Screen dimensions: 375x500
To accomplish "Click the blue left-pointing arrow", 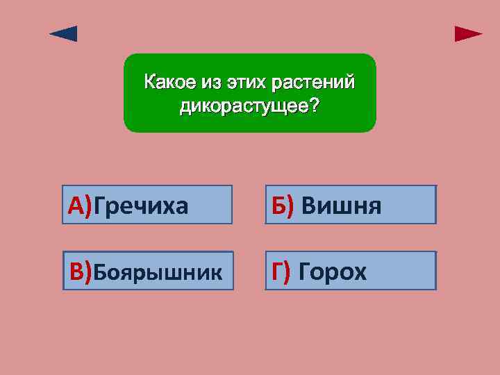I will [64, 34].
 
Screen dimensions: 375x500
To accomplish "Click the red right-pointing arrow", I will [468, 34].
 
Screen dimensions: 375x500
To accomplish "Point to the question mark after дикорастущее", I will [315, 106].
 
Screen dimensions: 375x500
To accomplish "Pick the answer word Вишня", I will [342, 206].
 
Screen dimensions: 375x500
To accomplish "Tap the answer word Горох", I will [332, 272].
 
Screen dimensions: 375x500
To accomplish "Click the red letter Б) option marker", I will [283, 206].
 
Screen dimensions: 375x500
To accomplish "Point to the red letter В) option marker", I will [81, 272].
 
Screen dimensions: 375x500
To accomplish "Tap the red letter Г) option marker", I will [281, 272].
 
